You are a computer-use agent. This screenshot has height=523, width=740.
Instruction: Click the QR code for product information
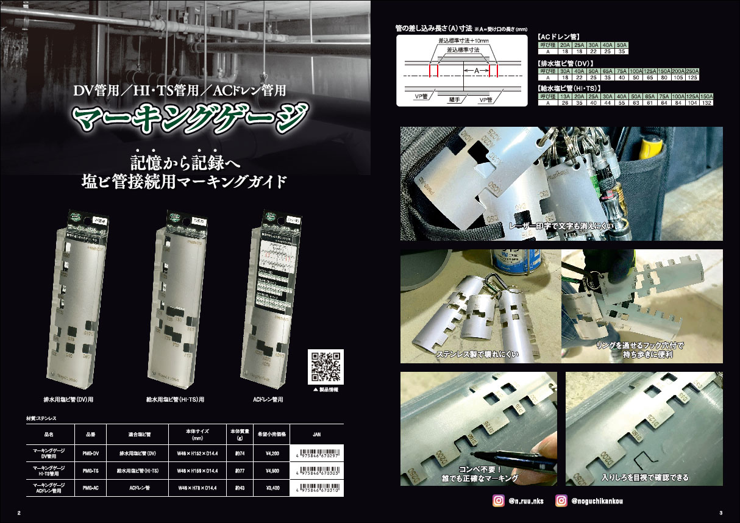tap(326, 367)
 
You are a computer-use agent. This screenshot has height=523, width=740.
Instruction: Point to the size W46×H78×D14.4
tap(198, 488)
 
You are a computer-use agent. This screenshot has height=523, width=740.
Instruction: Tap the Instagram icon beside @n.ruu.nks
tap(498, 500)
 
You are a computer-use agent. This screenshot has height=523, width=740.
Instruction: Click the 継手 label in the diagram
tap(454, 99)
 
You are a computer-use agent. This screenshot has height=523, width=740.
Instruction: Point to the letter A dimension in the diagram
tap(476, 71)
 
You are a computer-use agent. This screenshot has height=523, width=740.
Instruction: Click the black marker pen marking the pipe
tap(518, 458)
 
